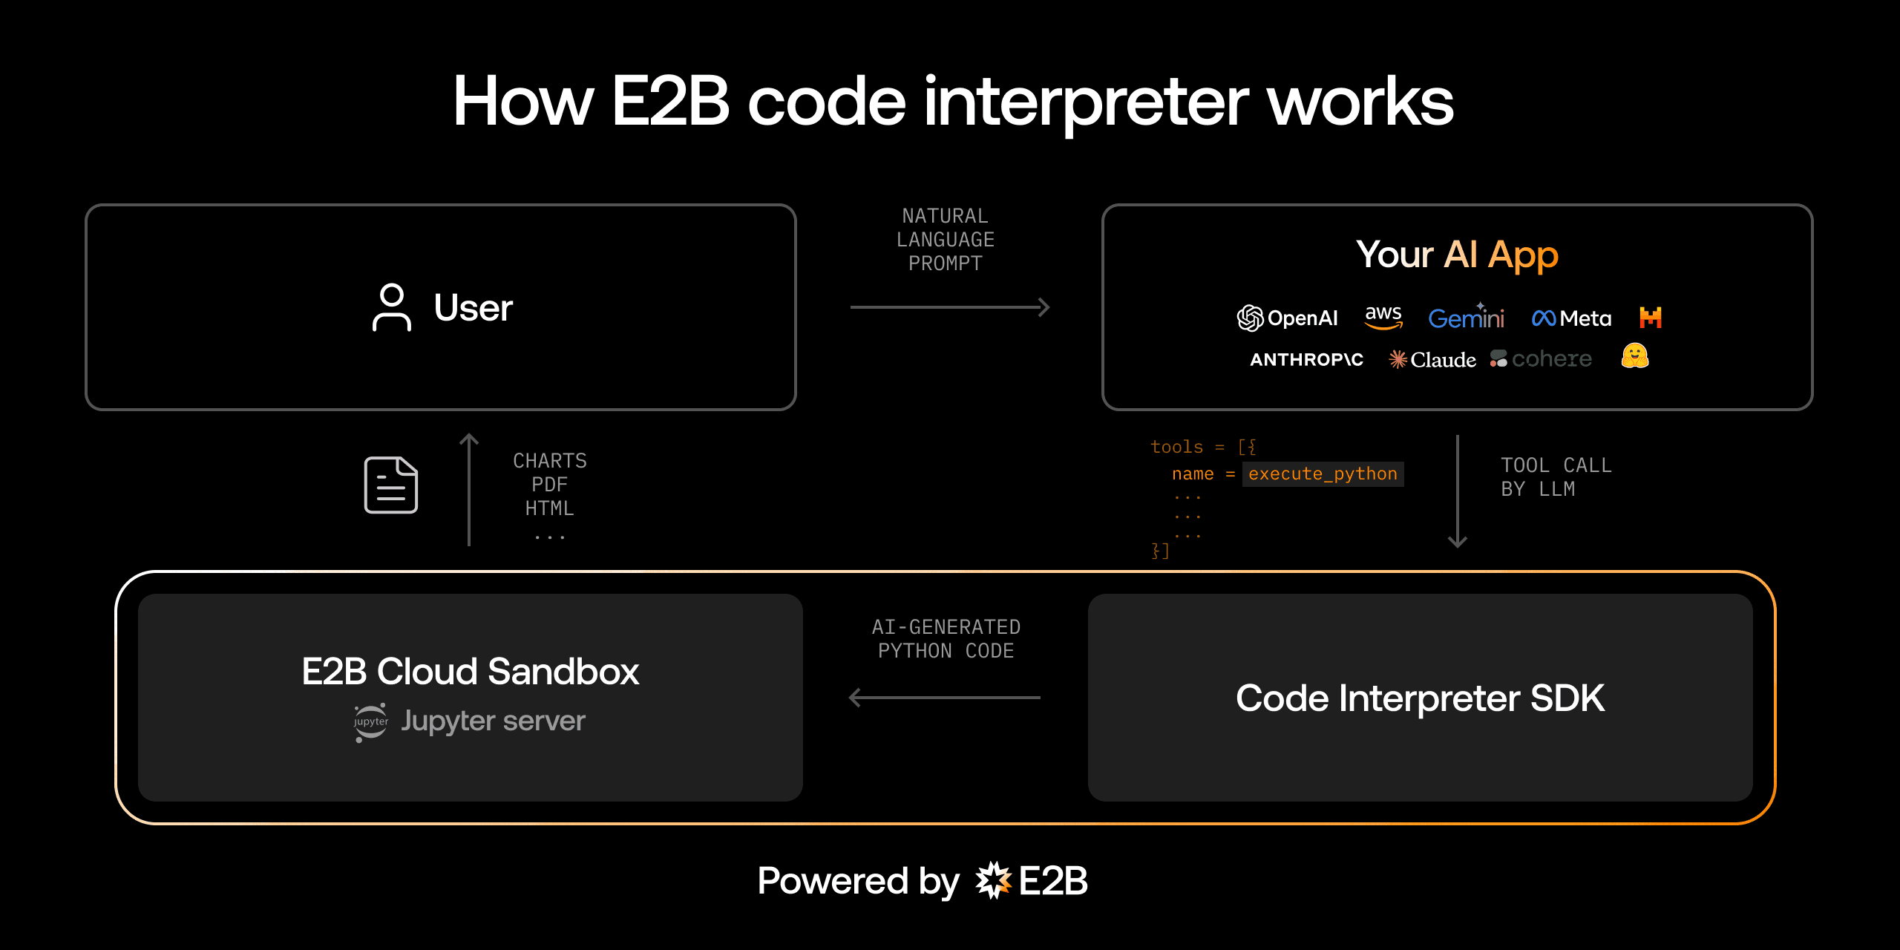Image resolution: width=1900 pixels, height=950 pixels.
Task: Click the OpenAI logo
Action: coord(1288,318)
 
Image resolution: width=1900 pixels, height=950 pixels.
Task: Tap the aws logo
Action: coord(1383,317)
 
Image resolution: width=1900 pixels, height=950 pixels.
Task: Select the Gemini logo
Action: coord(1467,318)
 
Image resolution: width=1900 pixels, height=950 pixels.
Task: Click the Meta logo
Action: coord(1572,318)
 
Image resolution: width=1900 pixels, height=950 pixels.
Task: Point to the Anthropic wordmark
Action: coord(1306,360)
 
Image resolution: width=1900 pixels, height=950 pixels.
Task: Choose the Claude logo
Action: coord(1432,360)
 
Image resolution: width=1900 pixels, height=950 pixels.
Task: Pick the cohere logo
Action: coord(1541,359)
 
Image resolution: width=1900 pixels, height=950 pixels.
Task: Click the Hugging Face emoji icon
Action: coord(1635,356)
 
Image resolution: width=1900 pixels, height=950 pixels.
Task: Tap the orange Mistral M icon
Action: coord(1651,318)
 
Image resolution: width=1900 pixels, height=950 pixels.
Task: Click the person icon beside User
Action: coord(391,307)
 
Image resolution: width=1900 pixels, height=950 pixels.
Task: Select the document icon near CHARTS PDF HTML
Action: coord(391,485)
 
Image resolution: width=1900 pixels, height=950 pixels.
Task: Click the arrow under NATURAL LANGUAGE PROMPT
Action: coord(950,307)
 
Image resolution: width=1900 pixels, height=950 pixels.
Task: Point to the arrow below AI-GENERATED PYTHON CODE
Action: coord(945,698)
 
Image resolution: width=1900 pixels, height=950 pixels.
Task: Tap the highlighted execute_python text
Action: coord(1323,474)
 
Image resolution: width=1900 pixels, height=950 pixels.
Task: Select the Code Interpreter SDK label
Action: coord(1420,698)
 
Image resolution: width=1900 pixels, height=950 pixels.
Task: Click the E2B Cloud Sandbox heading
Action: coord(470,672)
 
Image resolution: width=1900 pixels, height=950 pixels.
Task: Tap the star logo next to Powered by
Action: coord(993,881)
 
